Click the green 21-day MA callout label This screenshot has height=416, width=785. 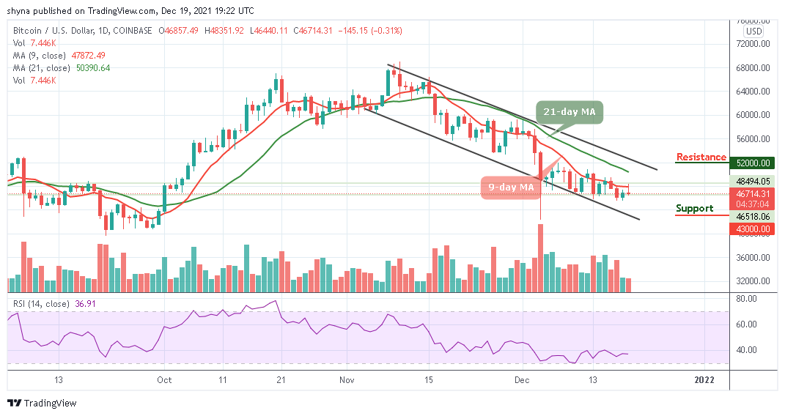(x=569, y=112)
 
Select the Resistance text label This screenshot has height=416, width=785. (x=701, y=157)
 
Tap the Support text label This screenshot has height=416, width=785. (x=694, y=208)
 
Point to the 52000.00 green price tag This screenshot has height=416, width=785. (x=753, y=163)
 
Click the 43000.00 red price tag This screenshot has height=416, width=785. (x=753, y=229)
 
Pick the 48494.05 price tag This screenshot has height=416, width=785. (x=753, y=181)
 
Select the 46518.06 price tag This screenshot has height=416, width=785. (x=753, y=217)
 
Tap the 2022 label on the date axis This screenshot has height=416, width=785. (x=704, y=379)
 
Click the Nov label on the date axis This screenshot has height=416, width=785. (x=347, y=379)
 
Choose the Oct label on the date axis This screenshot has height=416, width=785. (x=163, y=379)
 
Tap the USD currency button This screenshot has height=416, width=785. (x=753, y=31)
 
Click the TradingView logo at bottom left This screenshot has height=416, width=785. (x=42, y=403)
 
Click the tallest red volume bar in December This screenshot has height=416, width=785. (x=541, y=257)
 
